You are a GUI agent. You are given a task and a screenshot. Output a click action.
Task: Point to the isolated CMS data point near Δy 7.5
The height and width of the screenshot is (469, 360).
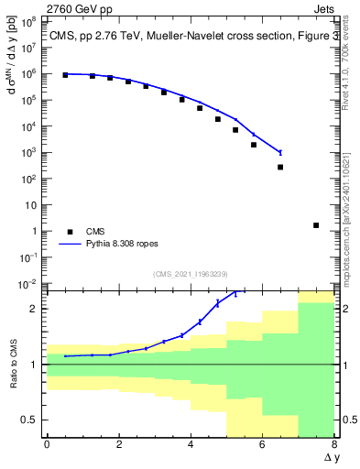click(x=316, y=225)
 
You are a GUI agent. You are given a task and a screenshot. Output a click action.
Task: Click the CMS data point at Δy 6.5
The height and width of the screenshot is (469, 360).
click(x=280, y=167)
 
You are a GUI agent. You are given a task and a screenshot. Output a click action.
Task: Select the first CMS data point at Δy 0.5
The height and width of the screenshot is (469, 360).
click(x=65, y=75)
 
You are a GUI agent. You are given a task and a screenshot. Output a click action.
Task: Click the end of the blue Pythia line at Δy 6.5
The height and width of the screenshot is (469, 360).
click(x=280, y=152)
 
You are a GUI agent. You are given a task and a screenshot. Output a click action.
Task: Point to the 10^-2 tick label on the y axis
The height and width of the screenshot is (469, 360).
click(x=27, y=284)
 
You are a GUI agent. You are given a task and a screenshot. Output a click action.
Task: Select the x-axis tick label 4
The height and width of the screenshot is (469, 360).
click(x=191, y=443)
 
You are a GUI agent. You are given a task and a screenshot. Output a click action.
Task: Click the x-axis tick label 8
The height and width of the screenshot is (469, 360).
click(x=334, y=443)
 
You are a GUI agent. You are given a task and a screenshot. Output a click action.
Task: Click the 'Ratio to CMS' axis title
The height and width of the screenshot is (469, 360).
click(x=10, y=364)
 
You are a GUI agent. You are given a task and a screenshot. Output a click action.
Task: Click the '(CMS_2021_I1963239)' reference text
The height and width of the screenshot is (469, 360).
click(x=191, y=274)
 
